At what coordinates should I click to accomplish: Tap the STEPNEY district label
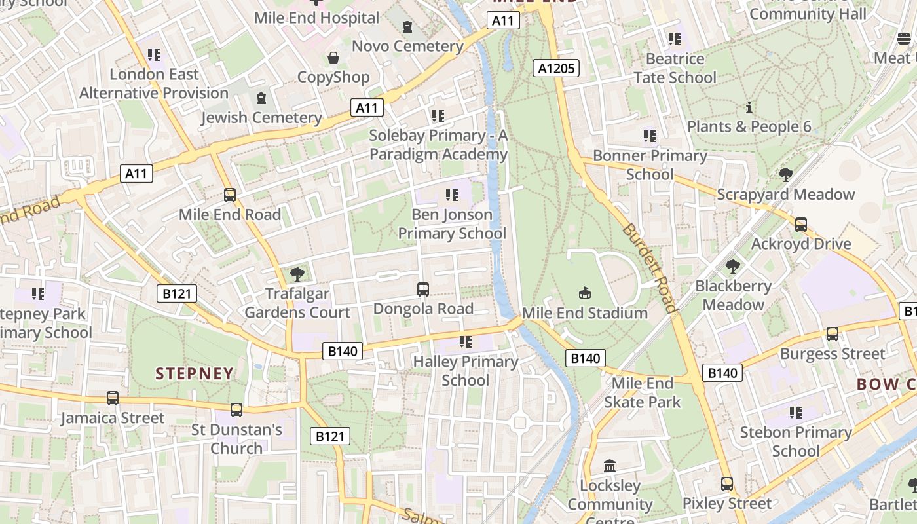click(x=195, y=373)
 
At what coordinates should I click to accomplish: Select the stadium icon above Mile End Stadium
click(x=585, y=293)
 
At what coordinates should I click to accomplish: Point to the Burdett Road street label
click(x=648, y=269)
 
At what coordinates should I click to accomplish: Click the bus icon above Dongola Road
click(x=423, y=289)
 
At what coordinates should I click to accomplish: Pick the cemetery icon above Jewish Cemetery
click(x=261, y=98)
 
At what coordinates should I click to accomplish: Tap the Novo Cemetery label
click(x=407, y=46)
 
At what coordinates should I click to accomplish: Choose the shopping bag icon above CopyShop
click(x=333, y=58)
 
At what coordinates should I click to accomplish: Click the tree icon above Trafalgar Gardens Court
click(x=297, y=274)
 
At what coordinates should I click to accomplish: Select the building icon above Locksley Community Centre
click(x=610, y=466)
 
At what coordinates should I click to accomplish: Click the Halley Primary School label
click(x=466, y=371)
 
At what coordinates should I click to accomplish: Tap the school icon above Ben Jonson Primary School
click(x=451, y=195)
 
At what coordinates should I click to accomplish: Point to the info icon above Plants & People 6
click(x=749, y=107)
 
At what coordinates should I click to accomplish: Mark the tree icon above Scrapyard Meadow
click(x=785, y=175)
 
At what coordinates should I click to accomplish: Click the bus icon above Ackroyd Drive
click(x=800, y=225)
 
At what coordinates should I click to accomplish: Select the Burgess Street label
click(x=832, y=354)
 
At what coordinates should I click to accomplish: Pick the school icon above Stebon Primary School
click(x=796, y=413)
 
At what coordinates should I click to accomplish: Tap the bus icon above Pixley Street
click(x=727, y=484)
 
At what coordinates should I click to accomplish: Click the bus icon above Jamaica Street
click(x=113, y=398)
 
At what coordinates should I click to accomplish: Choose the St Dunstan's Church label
click(x=236, y=439)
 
